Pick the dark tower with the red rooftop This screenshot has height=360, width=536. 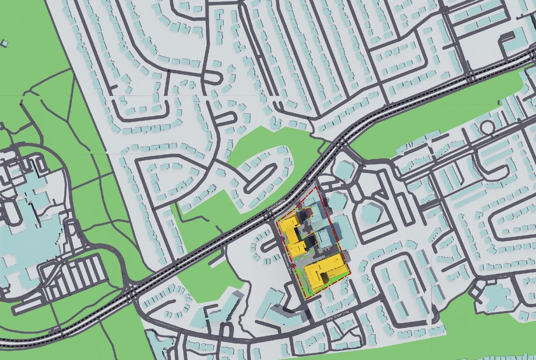304,214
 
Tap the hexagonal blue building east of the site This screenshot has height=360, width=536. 371,213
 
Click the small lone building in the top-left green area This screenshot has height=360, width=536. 4,43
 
